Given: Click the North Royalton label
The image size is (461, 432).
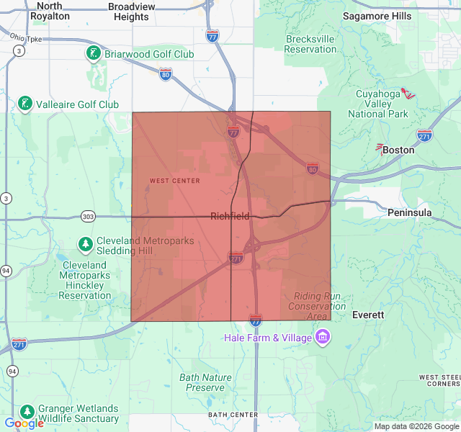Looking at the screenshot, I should [x=50, y=10].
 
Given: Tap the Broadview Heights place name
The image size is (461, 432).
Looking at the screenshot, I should [x=132, y=11].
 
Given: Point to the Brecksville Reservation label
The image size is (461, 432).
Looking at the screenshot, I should [x=310, y=44].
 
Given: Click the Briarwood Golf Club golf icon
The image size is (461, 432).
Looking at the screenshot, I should [x=93, y=53].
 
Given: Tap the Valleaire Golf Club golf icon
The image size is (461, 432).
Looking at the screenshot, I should [x=25, y=104].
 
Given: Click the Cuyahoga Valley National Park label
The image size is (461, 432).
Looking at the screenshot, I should [x=377, y=104].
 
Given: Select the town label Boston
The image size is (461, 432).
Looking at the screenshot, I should [x=398, y=150].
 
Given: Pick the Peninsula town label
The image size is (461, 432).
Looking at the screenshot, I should [x=409, y=212].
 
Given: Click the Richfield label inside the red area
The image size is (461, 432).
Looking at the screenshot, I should [x=230, y=216].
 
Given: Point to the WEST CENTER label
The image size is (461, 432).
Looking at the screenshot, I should [x=175, y=181].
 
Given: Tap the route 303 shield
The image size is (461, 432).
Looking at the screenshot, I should [x=88, y=216].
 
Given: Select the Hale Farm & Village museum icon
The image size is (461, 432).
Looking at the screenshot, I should [x=323, y=338].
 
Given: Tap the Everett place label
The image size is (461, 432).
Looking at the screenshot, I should [x=368, y=315].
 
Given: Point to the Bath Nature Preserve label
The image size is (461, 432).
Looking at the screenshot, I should [x=205, y=382].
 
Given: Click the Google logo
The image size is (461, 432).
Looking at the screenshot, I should [x=24, y=423].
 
